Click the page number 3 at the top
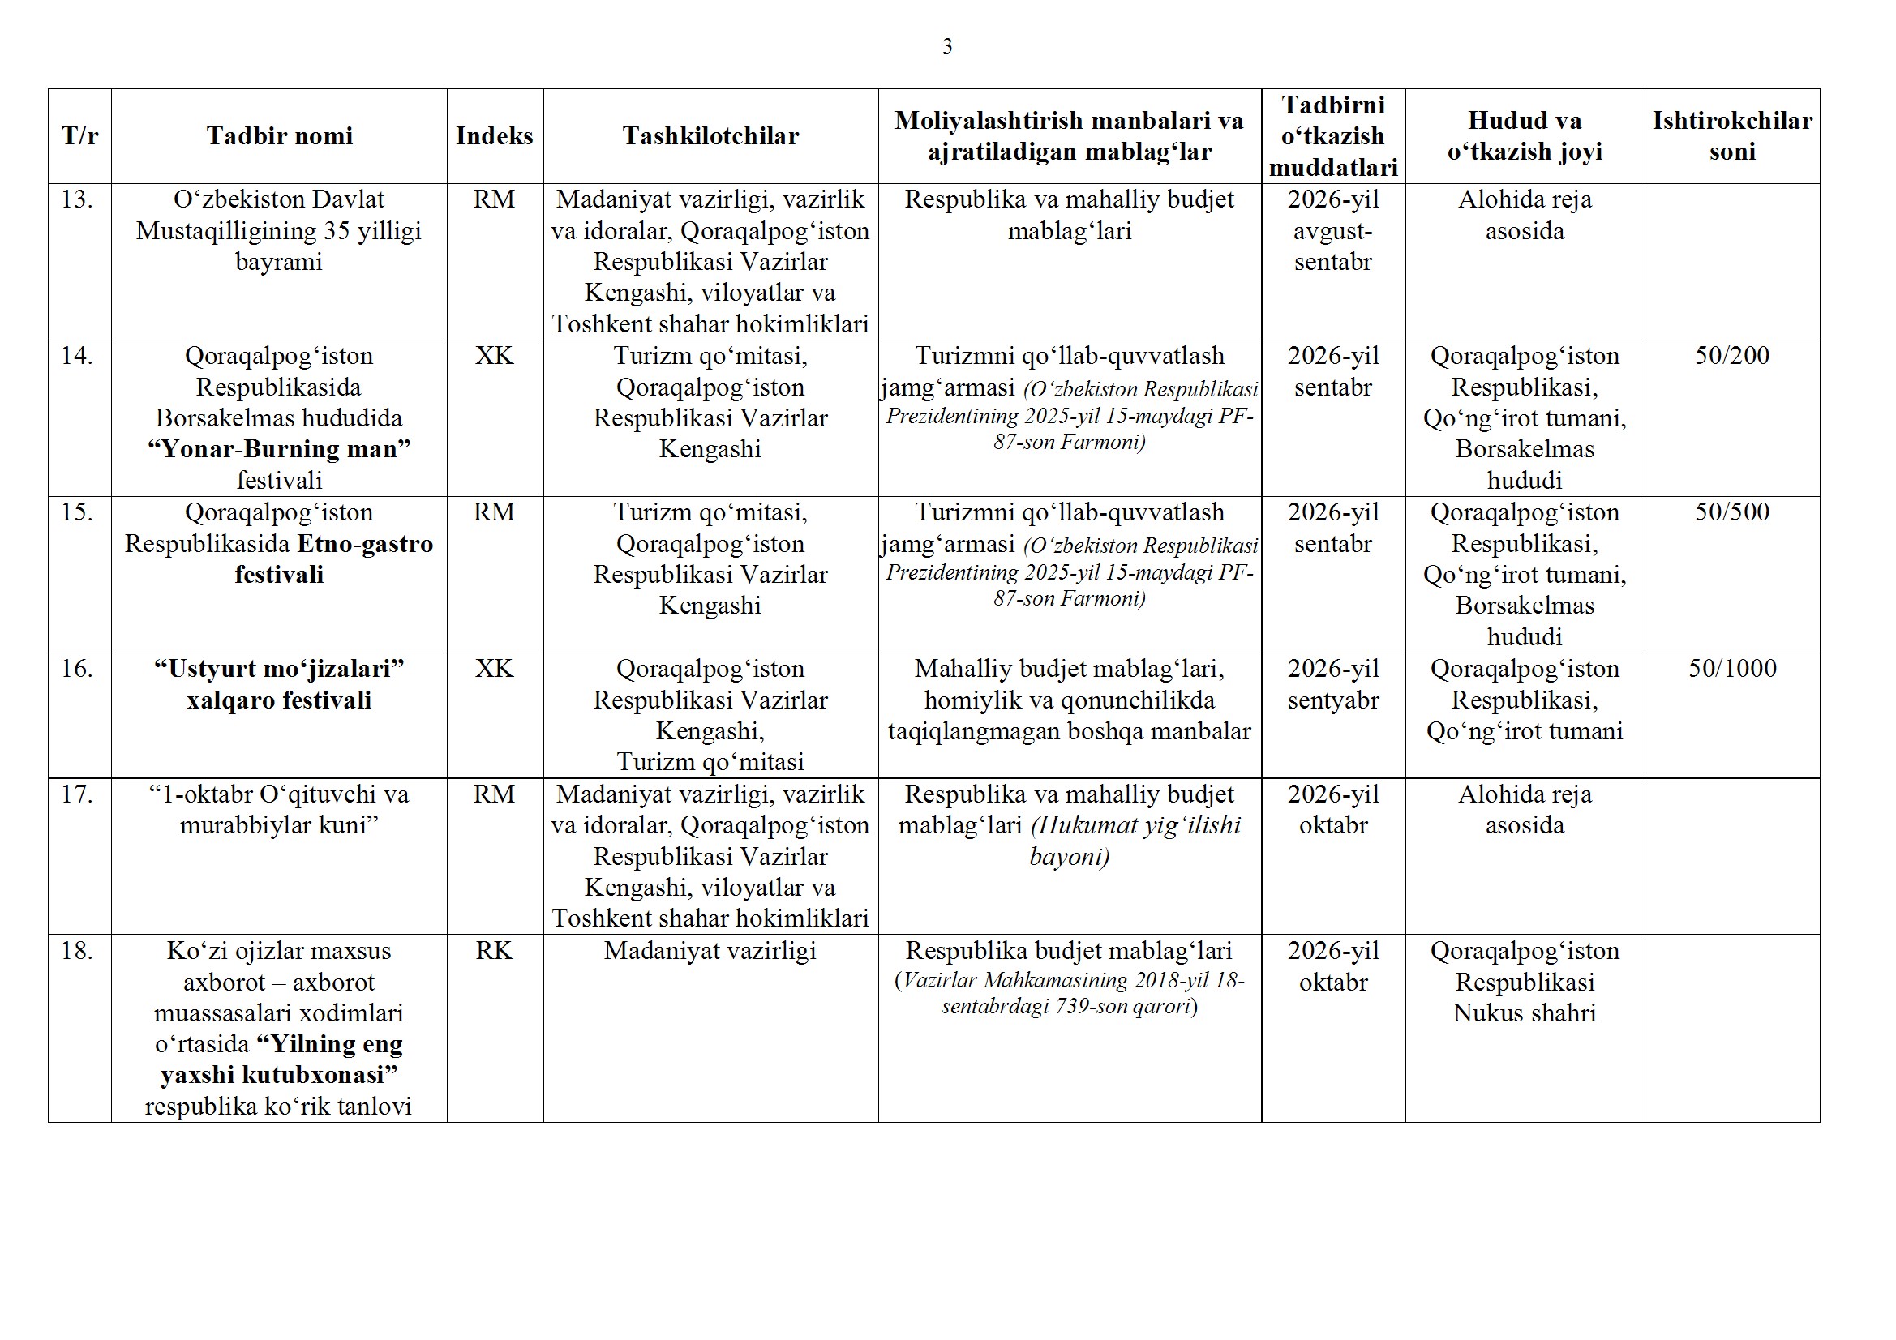click(x=947, y=47)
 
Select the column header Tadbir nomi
click(x=279, y=136)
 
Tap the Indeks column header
click(x=494, y=136)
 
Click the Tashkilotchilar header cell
click(x=710, y=136)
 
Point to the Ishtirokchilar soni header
click(x=1731, y=136)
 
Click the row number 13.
click(x=77, y=199)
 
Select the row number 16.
click(x=77, y=669)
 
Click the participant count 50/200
click(x=1731, y=356)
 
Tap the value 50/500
click(x=1731, y=512)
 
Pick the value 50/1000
click(x=1731, y=669)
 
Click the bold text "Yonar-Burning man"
click(x=279, y=449)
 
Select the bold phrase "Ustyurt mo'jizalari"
click(x=279, y=669)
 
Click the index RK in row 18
click(x=494, y=951)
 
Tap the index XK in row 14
click(x=494, y=356)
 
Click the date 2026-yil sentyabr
click(x=1333, y=684)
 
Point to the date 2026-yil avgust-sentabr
click(x=1333, y=230)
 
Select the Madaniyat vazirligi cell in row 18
click(x=710, y=951)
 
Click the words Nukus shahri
click(x=1525, y=1013)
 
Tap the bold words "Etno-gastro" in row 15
click(x=365, y=544)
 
